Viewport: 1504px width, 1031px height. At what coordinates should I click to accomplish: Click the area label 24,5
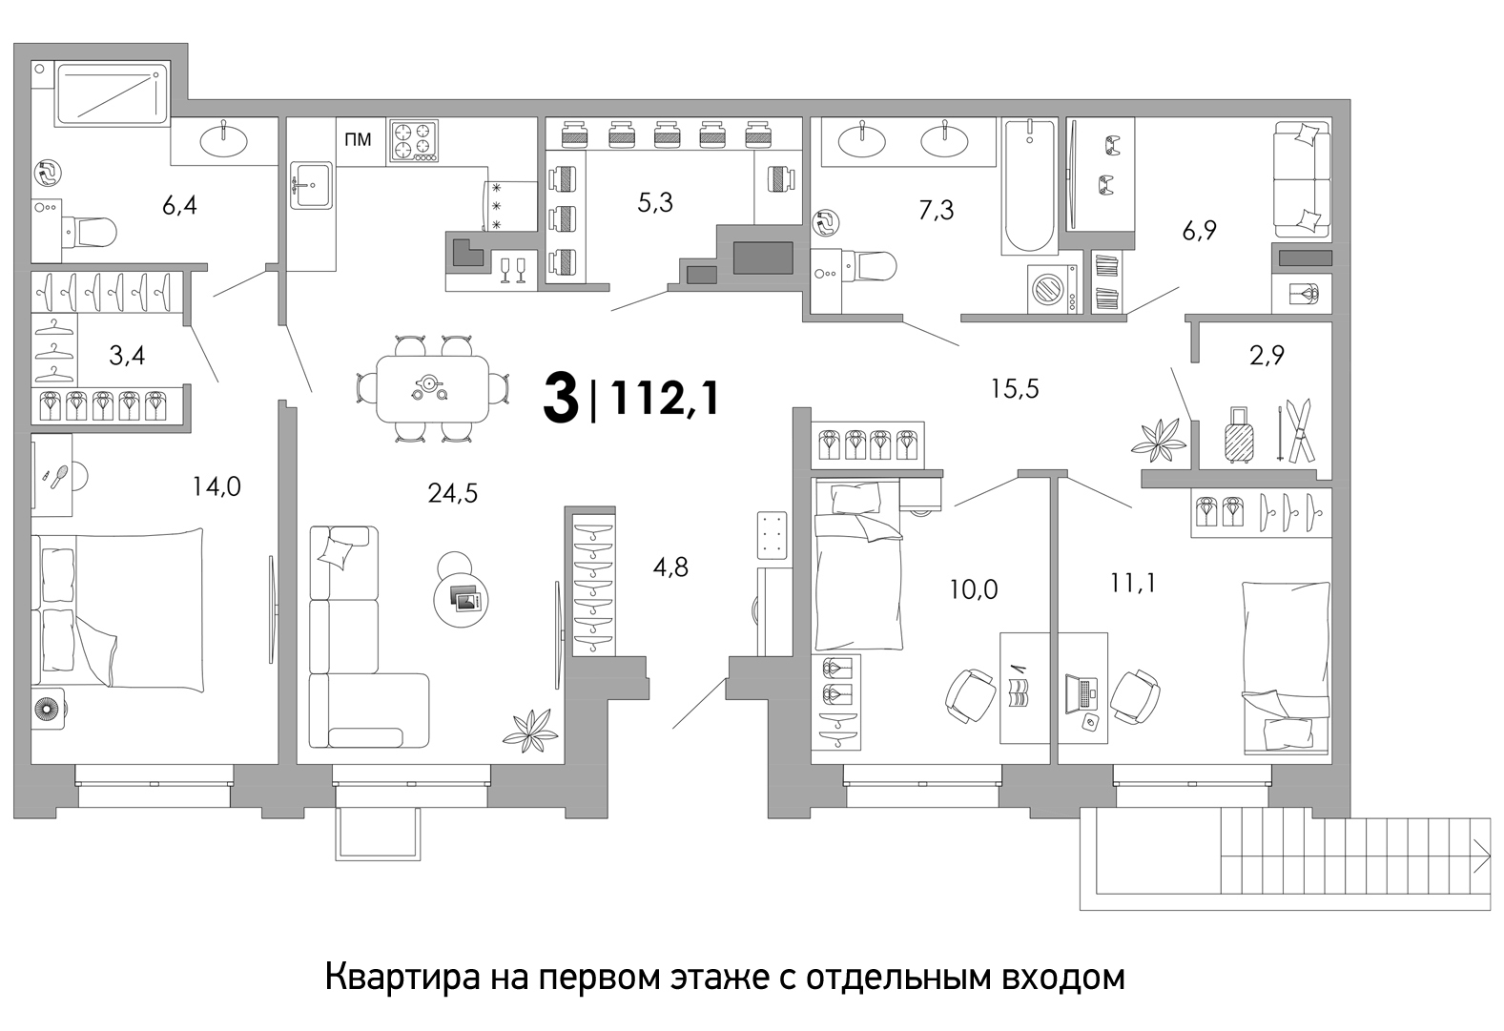[453, 494]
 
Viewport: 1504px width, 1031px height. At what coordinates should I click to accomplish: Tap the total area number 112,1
[666, 398]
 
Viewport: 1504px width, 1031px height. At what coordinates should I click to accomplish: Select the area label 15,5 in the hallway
[1015, 389]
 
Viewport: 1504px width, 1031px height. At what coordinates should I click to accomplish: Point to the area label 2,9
[1267, 355]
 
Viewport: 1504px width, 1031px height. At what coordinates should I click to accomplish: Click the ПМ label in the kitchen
[358, 139]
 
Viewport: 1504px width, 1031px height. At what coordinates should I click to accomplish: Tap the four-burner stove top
[412, 141]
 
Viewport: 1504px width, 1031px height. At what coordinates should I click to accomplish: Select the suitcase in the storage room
[1239, 435]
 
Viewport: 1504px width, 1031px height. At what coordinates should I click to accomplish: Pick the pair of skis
[1296, 430]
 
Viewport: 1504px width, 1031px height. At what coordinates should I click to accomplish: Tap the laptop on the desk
[1081, 693]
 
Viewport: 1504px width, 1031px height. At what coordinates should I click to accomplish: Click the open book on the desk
[1020, 693]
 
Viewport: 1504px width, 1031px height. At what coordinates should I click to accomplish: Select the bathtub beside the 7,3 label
[1029, 186]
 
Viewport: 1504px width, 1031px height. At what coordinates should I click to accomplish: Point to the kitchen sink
[311, 185]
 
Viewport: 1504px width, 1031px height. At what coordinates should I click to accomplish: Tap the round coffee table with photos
[461, 601]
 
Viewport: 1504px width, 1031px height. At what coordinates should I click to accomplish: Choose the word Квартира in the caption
[402, 978]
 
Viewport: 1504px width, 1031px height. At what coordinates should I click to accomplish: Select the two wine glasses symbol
[513, 271]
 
